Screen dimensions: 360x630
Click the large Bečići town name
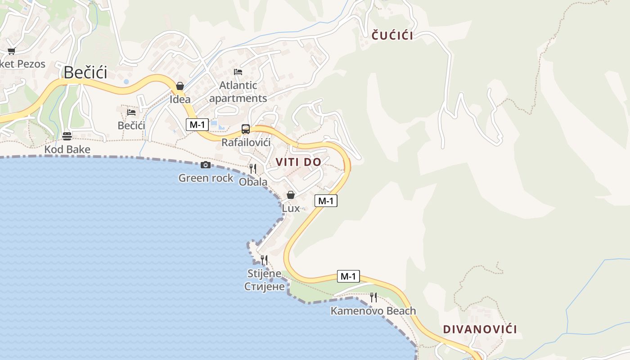pos(85,72)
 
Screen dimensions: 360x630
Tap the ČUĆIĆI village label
pos(392,36)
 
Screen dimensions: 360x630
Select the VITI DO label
pos(298,162)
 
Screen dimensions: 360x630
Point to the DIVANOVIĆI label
pos(480,329)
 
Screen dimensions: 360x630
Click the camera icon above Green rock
pos(206,165)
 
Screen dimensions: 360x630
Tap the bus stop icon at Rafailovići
pos(245,129)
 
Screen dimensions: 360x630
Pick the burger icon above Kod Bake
pos(67,136)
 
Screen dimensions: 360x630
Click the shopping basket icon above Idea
pos(180,85)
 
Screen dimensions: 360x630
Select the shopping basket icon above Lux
pos(291,195)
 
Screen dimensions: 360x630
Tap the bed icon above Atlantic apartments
pos(238,72)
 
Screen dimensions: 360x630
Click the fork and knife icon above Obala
pos(253,168)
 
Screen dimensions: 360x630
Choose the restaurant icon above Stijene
pos(264,260)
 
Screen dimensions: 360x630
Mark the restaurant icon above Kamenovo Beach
pos(373,297)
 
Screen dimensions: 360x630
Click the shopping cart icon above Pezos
pos(11,51)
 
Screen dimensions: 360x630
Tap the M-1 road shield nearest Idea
pos(197,125)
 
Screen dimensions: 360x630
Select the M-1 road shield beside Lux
pos(325,201)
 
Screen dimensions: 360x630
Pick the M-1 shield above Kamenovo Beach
pos(348,276)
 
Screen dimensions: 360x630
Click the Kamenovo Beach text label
pos(373,311)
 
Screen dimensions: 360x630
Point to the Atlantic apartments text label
pos(238,92)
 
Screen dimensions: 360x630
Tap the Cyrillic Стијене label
pos(265,287)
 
